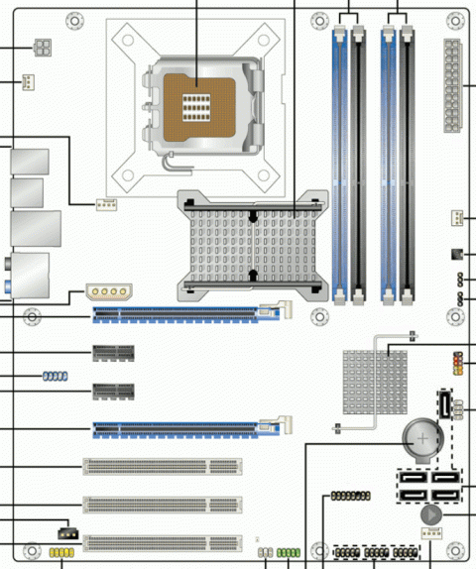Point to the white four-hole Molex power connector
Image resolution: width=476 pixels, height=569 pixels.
[x=108, y=292]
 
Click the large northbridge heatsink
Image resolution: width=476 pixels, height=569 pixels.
[x=252, y=244]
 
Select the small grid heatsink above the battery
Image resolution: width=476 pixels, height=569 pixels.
[x=376, y=381]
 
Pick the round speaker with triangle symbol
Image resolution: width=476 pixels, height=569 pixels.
[x=431, y=515]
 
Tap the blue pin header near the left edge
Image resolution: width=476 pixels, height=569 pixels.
[x=55, y=377]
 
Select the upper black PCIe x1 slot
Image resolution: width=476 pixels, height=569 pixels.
[x=114, y=352]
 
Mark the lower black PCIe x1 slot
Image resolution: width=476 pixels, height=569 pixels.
[x=114, y=391]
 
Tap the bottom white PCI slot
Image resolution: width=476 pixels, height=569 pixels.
[x=163, y=541]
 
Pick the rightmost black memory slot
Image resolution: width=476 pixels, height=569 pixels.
[x=408, y=159]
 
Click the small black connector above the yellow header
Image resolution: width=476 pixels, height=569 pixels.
[x=69, y=527]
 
